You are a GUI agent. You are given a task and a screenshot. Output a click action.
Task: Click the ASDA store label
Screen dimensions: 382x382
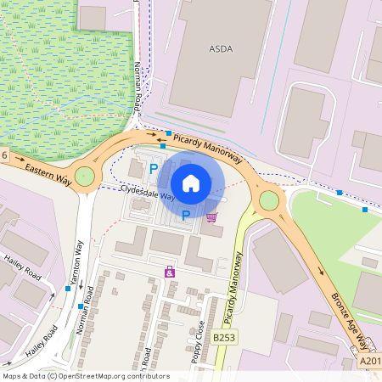[x=220, y=48]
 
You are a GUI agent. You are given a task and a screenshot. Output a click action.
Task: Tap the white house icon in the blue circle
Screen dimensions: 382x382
[x=191, y=183]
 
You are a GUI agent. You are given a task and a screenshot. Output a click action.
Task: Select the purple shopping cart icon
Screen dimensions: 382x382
[x=211, y=216]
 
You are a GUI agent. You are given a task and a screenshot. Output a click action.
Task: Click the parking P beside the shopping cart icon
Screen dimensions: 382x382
[x=185, y=216]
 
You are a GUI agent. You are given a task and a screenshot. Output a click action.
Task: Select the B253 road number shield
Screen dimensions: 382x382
[x=224, y=338]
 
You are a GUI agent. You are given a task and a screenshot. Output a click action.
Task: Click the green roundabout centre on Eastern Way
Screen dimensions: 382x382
[x=84, y=177]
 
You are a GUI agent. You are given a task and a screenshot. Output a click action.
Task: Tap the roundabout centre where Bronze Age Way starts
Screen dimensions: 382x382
[x=269, y=200]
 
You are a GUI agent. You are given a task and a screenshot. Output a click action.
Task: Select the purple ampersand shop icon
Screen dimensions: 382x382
[x=169, y=272]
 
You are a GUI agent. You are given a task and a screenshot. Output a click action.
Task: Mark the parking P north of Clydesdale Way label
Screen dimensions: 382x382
[x=154, y=169]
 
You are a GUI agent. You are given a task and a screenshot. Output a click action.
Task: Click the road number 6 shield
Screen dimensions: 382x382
[x=4, y=154]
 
